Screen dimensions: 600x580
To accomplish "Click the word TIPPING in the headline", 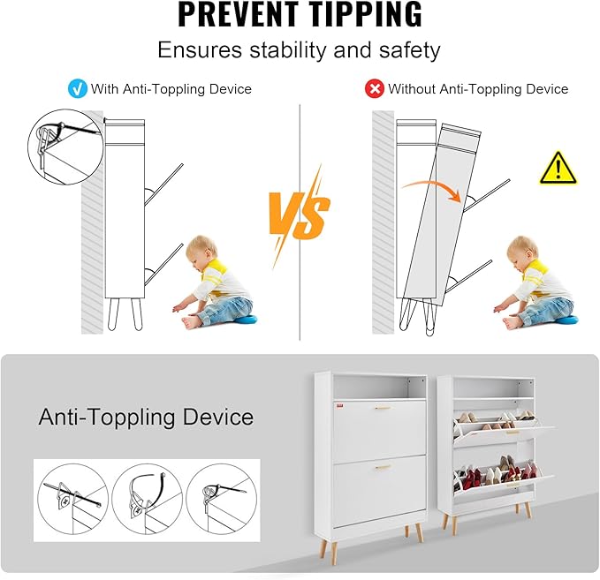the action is [x=365, y=14].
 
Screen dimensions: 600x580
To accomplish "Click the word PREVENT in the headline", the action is [x=238, y=14].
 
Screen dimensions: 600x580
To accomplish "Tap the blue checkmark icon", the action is [x=77, y=89].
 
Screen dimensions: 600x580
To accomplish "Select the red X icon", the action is [x=375, y=89].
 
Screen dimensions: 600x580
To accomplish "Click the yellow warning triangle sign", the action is [x=558, y=169].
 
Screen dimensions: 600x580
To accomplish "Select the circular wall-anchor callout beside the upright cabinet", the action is [x=65, y=147].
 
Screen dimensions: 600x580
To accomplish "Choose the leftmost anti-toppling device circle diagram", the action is [x=73, y=499].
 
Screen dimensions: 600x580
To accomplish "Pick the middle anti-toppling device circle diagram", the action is [x=148, y=499].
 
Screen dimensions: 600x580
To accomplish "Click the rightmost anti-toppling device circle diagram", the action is [x=221, y=499].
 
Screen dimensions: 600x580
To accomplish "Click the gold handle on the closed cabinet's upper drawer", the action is [x=383, y=408].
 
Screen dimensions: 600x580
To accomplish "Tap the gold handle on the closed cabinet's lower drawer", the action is [x=383, y=467].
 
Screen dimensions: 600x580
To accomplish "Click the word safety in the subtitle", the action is [x=410, y=50].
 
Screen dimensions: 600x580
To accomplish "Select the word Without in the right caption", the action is [x=412, y=89].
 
